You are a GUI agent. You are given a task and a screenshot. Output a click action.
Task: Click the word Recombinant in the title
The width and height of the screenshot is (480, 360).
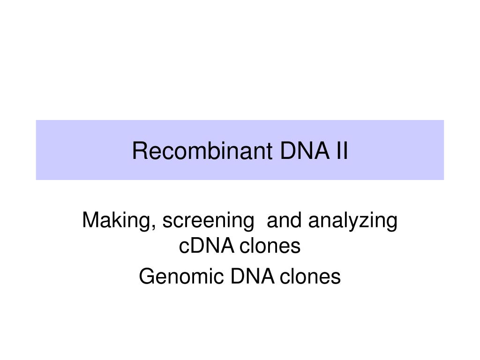tap(202, 150)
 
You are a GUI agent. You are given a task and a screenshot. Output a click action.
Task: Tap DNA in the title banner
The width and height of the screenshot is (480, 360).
tap(305, 150)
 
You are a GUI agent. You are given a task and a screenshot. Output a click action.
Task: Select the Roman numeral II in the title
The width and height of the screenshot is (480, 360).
tap(342, 150)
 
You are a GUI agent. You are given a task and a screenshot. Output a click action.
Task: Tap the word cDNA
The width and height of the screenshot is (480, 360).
tap(207, 246)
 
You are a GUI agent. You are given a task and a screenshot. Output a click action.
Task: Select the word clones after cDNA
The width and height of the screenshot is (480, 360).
tap(270, 246)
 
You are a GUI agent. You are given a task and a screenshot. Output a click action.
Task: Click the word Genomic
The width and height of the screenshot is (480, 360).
tap(181, 277)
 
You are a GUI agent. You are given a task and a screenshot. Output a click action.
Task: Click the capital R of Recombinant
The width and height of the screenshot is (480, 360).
tap(139, 150)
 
